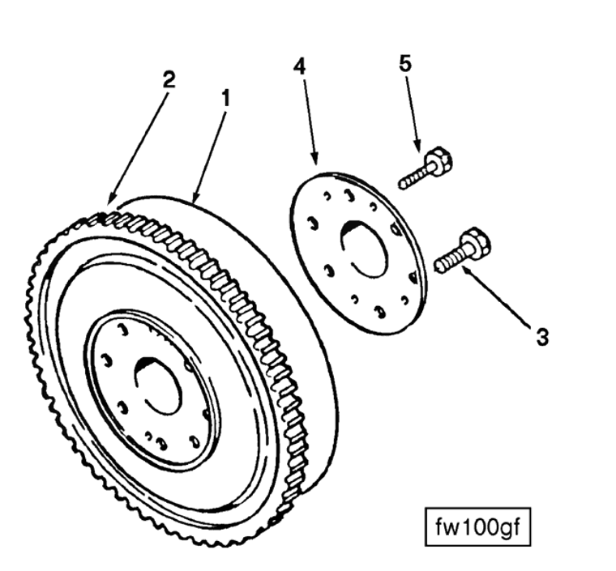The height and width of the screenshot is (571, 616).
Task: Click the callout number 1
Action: coord(225,98)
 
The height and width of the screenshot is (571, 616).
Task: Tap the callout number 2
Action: coord(169,79)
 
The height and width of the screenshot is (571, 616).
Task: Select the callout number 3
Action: coord(542,337)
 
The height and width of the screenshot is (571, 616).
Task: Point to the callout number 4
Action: coord(299,66)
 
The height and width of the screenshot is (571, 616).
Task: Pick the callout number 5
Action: coord(405,63)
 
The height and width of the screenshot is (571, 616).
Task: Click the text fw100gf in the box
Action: coord(477,527)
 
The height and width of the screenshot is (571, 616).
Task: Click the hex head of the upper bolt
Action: coord(439,160)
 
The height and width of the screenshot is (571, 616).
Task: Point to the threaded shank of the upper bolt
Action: coord(413,179)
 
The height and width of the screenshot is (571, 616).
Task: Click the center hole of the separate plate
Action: coord(362,248)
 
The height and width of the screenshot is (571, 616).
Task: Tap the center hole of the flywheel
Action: coord(158,386)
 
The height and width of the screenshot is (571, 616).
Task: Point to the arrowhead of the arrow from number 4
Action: coord(314,158)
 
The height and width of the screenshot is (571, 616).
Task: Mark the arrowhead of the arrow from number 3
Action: coord(464,268)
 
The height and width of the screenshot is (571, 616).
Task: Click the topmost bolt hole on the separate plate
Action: coord(347,195)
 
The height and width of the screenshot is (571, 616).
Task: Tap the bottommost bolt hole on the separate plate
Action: coord(380,312)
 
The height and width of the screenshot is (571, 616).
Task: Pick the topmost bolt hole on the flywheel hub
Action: coord(123,330)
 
